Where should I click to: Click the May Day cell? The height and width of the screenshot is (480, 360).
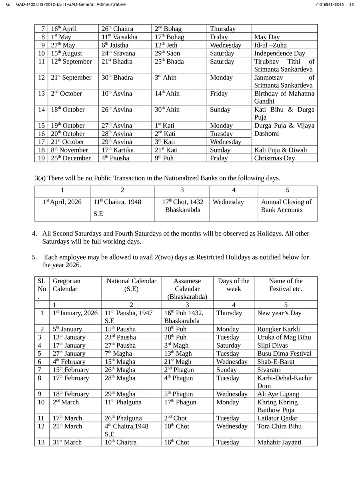pos(267,37)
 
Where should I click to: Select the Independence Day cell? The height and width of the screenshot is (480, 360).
pos(280,53)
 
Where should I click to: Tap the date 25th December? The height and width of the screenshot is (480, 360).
pos(70,158)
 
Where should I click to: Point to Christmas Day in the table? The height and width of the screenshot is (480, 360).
pos(274,158)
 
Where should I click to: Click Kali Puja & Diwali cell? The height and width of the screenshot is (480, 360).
pos(281,150)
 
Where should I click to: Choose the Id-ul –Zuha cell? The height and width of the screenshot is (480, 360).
pos(270,45)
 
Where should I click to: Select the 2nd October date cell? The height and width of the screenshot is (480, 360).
pos(66,94)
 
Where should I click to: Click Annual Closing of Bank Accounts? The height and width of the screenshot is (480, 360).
pos(286,206)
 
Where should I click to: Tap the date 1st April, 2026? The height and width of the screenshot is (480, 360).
pos(62,202)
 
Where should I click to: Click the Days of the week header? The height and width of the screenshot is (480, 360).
pos(233,285)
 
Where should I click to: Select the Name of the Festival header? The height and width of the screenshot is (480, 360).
pos(286,285)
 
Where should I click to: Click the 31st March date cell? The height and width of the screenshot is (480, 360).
pos(67,442)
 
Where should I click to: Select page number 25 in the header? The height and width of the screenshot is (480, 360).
pos(351,4)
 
